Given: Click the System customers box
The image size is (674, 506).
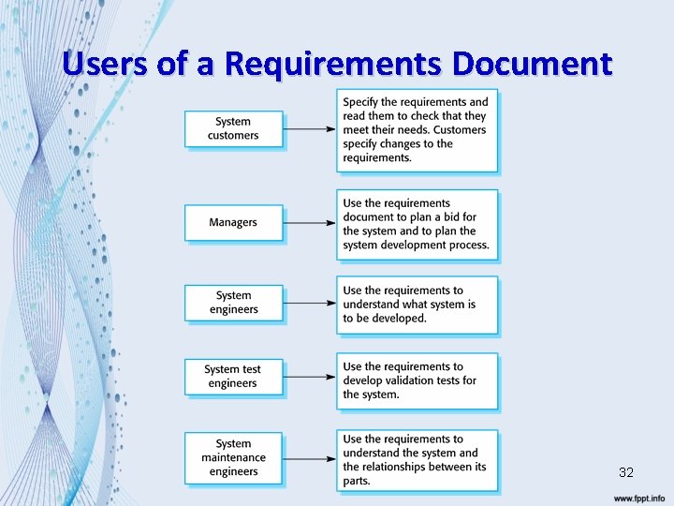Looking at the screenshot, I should pos(233,129).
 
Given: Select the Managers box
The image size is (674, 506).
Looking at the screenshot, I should pos(233,223).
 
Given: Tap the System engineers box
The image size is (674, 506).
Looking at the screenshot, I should pos(233,303).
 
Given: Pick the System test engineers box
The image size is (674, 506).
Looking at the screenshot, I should pos(233,377).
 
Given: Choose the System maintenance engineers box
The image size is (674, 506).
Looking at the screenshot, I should pos(233,457).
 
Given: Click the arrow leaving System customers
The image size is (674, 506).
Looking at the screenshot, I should pos(310,129).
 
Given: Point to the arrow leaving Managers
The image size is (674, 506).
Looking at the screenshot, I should pos(310,223).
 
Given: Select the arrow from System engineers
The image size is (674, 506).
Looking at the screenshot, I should pos(310,304).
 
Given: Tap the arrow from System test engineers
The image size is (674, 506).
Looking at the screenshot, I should pos(310,377).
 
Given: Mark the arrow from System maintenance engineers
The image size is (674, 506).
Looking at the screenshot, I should pos(310,457).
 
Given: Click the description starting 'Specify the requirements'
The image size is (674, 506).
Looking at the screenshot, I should pos(417,130).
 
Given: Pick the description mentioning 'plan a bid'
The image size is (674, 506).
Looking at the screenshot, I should pos(417,224).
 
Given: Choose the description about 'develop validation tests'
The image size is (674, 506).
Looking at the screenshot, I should pos(417,380).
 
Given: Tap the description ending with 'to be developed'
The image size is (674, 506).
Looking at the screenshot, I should pos(417,305).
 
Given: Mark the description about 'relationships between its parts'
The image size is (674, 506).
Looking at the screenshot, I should pos(417,459).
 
